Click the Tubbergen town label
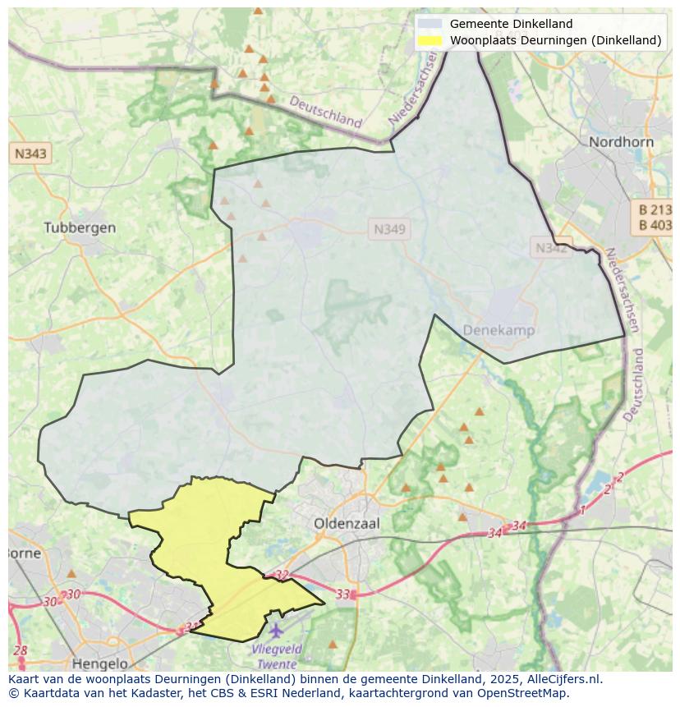point(80,227)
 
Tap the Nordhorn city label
point(621,142)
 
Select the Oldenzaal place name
point(346,522)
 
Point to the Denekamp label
point(499,330)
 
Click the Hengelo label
point(100,663)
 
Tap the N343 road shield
point(30,153)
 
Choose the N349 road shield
point(389,230)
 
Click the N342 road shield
point(551,247)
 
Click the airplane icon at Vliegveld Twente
point(275,631)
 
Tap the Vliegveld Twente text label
point(277,656)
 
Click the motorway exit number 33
point(343,594)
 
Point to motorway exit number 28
point(21,651)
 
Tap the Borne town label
point(23,553)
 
